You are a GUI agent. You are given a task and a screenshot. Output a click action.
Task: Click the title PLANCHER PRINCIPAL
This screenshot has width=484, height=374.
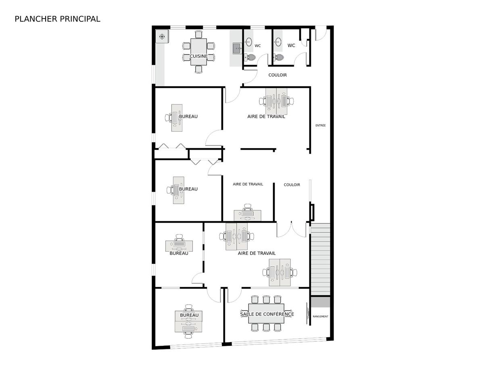click(x=57, y=19)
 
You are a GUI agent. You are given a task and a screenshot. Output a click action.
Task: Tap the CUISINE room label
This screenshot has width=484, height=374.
click(x=198, y=56)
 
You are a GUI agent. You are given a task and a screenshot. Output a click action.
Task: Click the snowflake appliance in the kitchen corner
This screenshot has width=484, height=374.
click(x=162, y=36)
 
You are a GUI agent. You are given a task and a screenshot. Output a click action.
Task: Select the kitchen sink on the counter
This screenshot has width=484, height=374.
click(x=237, y=48)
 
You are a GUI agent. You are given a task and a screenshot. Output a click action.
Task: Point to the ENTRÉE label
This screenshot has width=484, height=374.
click(x=320, y=125)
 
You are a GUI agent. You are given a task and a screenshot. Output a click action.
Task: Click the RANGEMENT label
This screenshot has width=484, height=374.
click(x=320, y=316)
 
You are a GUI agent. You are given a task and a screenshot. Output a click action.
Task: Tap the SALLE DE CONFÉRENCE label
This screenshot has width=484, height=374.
click(x=267, y=314)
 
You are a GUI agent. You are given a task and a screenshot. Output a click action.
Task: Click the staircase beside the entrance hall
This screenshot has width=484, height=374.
click(x=320, y=259)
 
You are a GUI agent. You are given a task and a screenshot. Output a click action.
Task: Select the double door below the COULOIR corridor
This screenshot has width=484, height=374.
click(x=291, y=230)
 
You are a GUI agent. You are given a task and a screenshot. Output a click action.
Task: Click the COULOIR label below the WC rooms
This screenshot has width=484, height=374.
click(x=277, y=75)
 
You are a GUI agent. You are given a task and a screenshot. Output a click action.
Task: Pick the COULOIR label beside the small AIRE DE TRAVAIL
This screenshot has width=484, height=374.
click(x=292, y=185)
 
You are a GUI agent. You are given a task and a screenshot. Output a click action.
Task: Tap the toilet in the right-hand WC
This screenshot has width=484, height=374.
click(x=279, y=57)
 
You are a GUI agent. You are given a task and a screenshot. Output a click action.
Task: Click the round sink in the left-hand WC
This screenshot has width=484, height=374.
click(x=249, y=42)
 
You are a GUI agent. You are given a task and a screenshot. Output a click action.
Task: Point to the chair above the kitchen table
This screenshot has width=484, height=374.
click(x=198, y=35)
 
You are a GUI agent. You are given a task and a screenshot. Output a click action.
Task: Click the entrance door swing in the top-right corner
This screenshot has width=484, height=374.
click(x=321, y=33)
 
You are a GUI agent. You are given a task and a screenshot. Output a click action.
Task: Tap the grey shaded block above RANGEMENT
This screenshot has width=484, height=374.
click(x=320, y=302)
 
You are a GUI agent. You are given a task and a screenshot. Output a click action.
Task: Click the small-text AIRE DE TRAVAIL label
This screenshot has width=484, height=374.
click(x=248, y=184)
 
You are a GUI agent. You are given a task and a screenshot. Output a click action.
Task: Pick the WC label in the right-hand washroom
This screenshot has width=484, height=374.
click(x=291, y=46)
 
